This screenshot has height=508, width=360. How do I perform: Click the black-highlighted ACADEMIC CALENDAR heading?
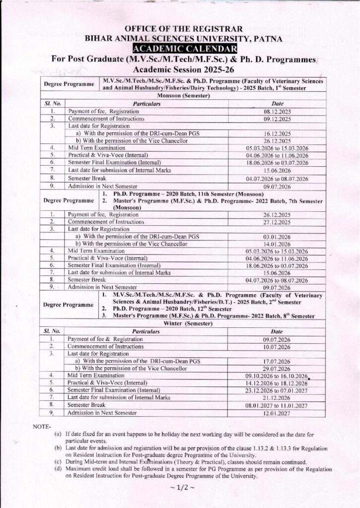click(185, 48)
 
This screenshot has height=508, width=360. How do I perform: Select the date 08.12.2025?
click(277, 113)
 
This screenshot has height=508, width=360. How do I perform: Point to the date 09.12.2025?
click(277, 120)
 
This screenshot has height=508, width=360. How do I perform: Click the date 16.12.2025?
click(277, 134)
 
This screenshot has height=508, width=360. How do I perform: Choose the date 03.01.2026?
click(277, 237)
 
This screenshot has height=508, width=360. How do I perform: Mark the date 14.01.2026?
click(277, 244)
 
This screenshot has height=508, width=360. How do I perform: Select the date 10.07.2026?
click(277, 347)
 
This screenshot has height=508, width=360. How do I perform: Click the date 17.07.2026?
click(277, 362)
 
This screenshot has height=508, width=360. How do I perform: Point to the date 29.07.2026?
click(277, 369)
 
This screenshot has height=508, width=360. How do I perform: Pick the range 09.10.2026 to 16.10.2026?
click(277, 376)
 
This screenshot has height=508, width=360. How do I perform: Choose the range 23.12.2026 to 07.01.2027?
click(277, 390)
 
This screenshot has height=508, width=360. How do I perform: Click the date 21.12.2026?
click(277, 398)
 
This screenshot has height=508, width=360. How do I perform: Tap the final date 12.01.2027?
click(277, 413)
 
